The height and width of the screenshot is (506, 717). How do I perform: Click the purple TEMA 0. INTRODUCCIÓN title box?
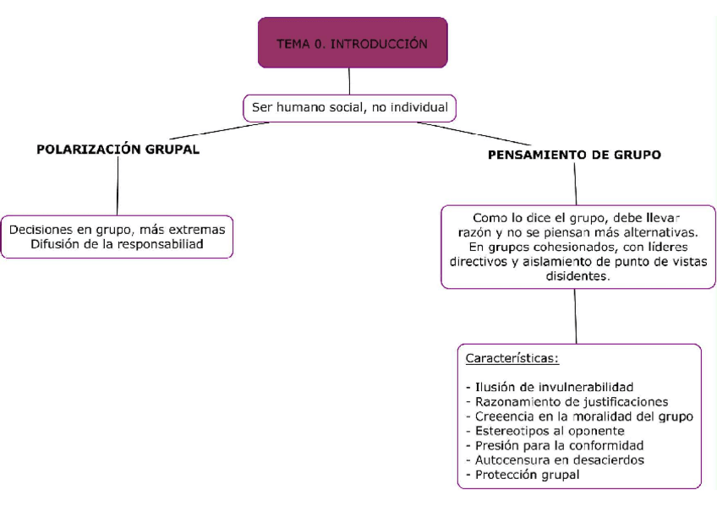pyautogui.click(x=352, y=43)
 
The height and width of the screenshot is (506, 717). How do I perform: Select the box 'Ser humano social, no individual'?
pyautogui.click(x=348, y=108)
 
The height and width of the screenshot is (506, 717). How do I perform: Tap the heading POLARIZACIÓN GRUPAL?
pyautogui.click(x=118, y=149)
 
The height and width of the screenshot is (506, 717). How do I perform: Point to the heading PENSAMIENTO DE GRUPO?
pyautogui.click(x=574, y=155)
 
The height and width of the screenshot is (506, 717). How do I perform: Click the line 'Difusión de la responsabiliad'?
pyautogui.click(x=118, y=244)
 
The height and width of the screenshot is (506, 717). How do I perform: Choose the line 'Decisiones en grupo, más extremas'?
pyautogui.click(x=118, y=229)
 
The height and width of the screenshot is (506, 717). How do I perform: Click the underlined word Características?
pyautogui.click(x=512, y=358)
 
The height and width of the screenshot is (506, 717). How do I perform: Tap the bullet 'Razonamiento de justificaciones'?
pyautogui.click(x=566, y=401)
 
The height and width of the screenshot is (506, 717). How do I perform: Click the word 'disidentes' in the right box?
pyautogui.click(x=578, y=276)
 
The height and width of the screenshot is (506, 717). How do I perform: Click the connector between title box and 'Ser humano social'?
pyautogui.click(x=349, y=81)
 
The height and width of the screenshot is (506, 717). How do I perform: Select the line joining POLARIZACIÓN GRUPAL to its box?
pyautogui.click(x=118, y=186)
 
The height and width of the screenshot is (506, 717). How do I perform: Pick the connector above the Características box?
pyautogui.click(x=576, y=316)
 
